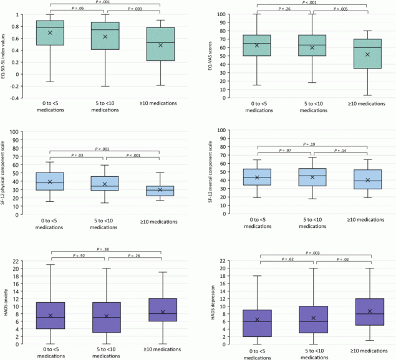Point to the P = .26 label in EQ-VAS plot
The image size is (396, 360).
284,9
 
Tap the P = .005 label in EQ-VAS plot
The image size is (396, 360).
339,10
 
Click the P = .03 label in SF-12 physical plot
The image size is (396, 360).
79,156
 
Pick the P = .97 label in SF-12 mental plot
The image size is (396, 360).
284,151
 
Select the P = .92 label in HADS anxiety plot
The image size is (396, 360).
79,255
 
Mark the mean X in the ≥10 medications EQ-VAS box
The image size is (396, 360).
366,54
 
